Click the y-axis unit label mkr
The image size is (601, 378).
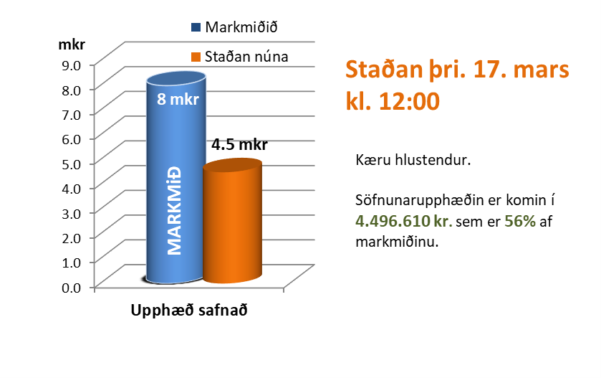(x=71, y=44)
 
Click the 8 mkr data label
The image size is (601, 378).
(x=173, y=99)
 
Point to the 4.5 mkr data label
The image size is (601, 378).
(x=239, y=145)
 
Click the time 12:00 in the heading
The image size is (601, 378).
(x=406, y=101)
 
